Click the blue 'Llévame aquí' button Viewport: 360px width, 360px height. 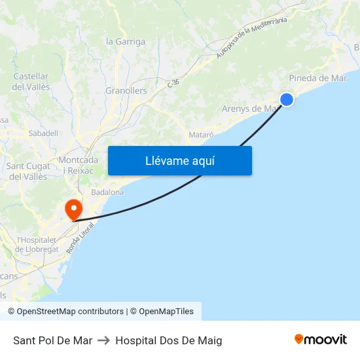pos(179,160)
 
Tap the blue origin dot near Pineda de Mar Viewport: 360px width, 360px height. pos(287,99)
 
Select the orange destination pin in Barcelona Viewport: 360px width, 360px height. pos(73,209)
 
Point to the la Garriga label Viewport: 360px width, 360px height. pos(126,41)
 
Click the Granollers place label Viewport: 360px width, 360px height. pos(126,90)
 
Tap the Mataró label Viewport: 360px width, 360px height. pos(201,134)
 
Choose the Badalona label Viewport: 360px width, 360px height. pos(107,192)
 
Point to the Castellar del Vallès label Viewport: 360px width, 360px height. pos(31,82)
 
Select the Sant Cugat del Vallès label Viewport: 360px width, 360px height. pos(27,171)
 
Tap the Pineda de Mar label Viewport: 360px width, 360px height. pos(318,78)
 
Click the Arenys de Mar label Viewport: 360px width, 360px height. pos(250,109)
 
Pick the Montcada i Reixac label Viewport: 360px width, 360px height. pos(79,165)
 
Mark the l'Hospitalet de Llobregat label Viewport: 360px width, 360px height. pos(37,244)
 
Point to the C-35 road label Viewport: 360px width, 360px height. pos(173,83)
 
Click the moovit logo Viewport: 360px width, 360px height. pos(321,340)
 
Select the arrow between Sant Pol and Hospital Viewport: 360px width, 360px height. pos(103,340)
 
